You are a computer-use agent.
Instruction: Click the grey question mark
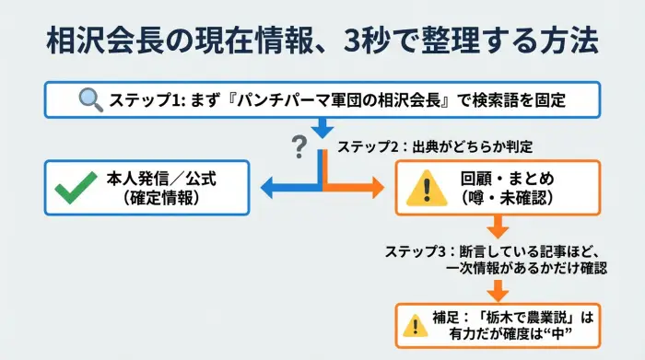pos(299,145)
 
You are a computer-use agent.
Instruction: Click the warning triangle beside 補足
pos(412,324)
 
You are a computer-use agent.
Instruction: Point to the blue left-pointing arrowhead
pos(270,188)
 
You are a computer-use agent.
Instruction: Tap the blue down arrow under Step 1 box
pos(322,129)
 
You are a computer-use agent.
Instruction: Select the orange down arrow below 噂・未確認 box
pos(498,227)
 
